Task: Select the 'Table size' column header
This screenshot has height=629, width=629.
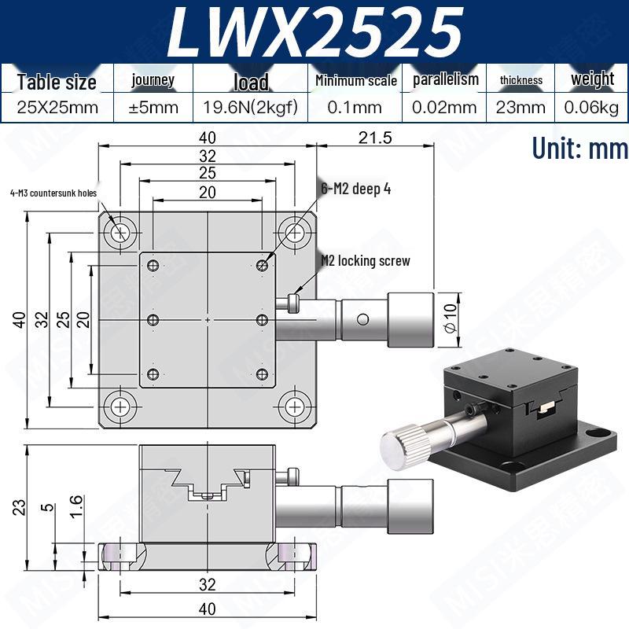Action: coord(57,82)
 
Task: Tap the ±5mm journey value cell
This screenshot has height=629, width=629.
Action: coord(153,107)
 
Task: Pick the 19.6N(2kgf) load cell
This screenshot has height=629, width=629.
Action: coord(250,107)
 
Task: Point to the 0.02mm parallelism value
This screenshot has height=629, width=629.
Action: coord(444,107)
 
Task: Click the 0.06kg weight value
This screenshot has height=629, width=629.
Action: coord(591,107)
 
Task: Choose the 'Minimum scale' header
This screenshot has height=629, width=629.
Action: coord(356,81)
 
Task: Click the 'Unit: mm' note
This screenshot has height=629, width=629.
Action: coord(579,148)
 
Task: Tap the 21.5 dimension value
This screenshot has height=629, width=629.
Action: coord(375,138)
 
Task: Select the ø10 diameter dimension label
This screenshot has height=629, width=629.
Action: coord(451,319)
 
